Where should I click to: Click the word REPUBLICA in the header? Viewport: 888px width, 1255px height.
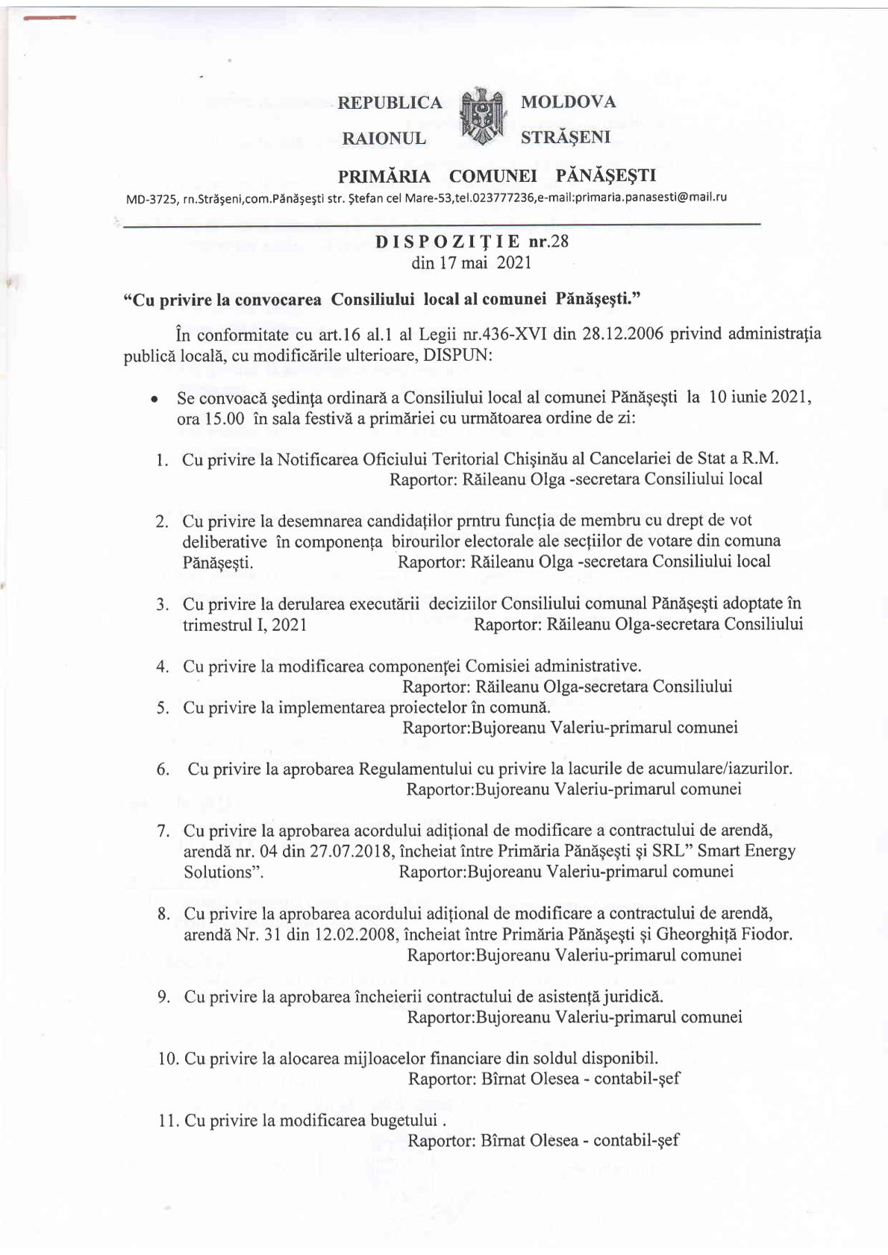(x=390, y=102)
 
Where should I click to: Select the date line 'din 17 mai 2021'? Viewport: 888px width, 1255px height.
(x=471, y=262)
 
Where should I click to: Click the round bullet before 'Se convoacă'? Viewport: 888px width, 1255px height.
(x=153, y=400)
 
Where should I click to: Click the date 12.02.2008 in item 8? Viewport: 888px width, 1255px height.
(x=354, y=934)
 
